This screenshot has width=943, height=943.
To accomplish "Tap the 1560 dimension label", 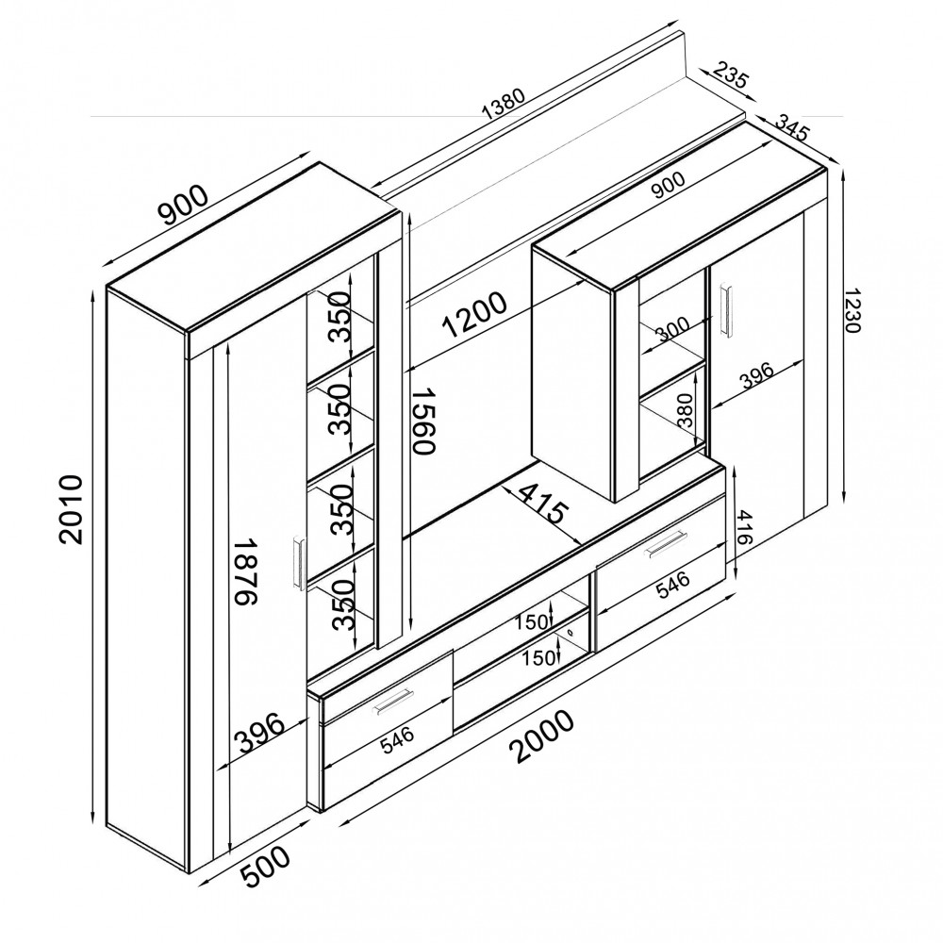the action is (422, 421).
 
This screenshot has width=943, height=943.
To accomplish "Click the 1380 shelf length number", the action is (504, 104).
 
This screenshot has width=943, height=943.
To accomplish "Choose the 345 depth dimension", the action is (793, 127).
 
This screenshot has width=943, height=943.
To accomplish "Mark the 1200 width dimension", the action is (475, 314).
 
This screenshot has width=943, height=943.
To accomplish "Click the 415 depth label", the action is (542, 503).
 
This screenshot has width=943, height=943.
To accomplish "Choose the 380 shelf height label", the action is (685, 411).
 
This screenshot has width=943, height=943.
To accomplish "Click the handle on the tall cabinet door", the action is (298, 562).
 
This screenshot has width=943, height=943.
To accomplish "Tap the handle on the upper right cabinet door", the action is (727, 307).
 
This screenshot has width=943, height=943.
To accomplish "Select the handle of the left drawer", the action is (392, 703).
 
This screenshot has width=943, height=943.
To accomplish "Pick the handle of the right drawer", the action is (666, 544).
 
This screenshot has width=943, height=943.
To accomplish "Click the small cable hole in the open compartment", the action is (569, 633).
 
